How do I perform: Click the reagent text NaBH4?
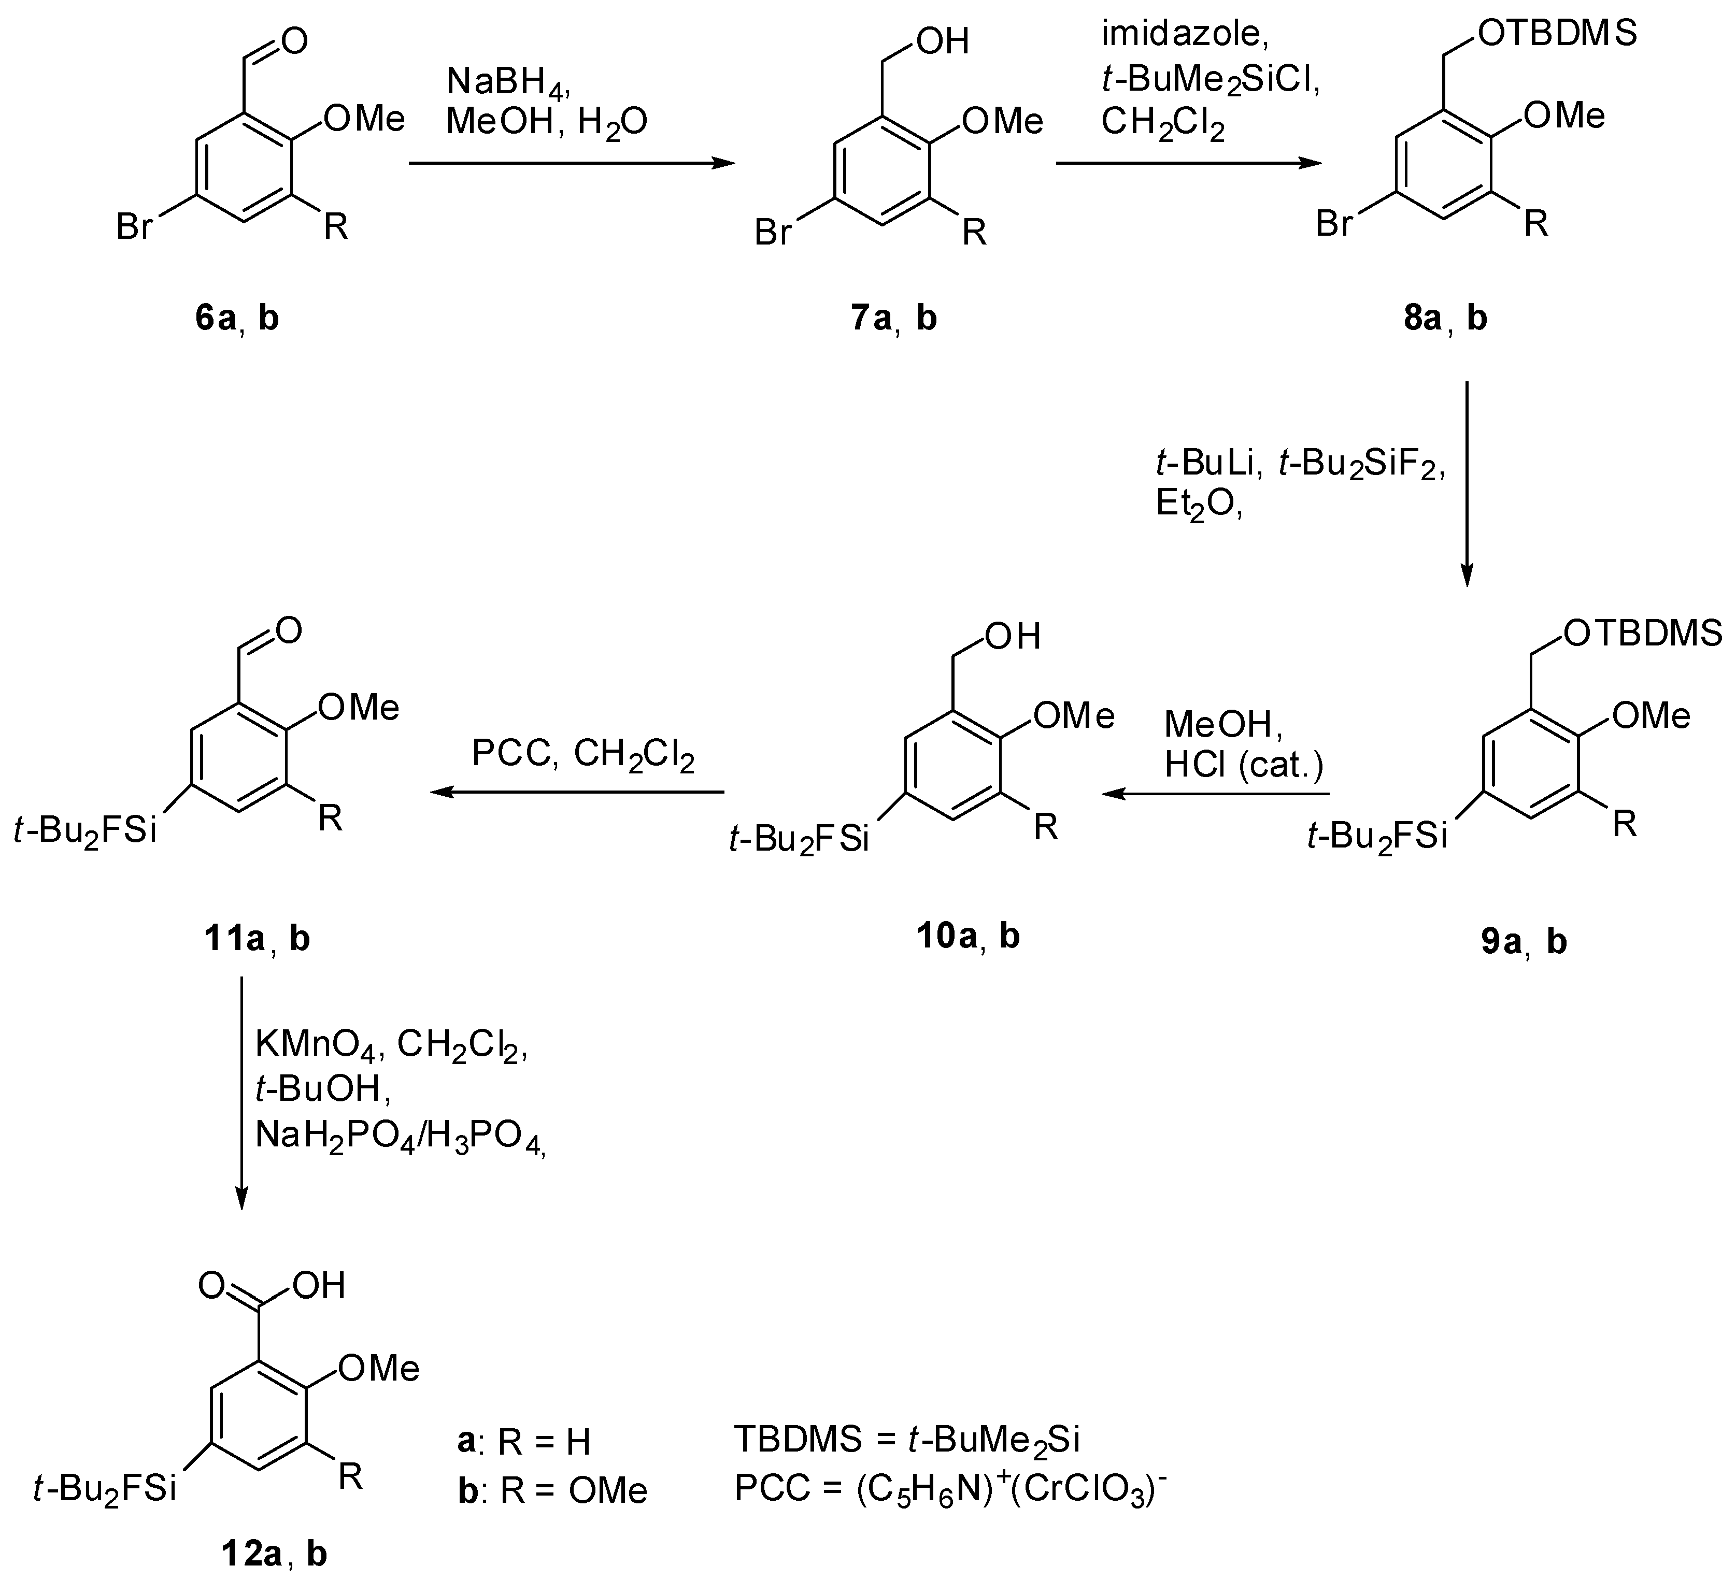[508, 83]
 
